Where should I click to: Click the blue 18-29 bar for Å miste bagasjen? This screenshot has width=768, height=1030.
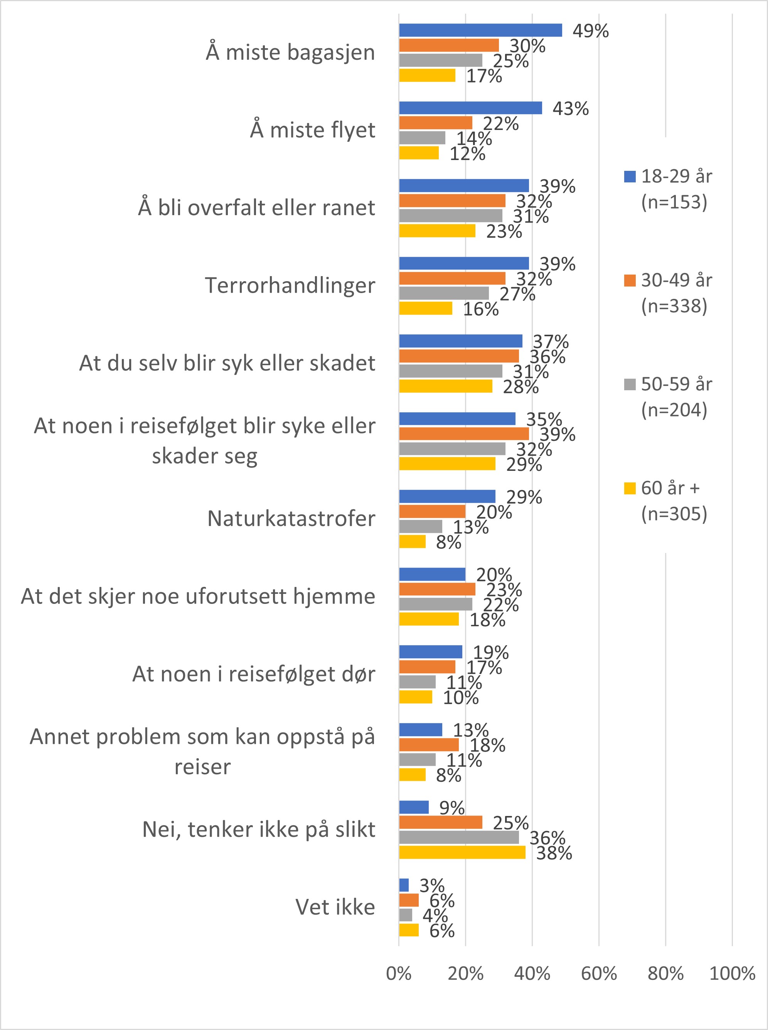[x=480, y=30]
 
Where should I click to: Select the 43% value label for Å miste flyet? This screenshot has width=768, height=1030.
[x=571, y=109]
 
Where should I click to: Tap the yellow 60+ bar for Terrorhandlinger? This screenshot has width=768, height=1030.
[x=425, y=308]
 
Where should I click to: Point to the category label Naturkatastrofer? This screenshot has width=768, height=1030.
[x=291, y=519]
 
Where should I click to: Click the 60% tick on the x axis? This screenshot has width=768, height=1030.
[x=599, y=974]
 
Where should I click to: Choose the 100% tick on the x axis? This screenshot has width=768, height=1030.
[x=732, y=974]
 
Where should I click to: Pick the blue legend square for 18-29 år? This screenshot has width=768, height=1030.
[x=630, y=177]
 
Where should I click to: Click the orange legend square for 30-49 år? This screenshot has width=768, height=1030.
[x=630, y=281]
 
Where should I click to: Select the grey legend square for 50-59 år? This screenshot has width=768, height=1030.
[x=630, y=384]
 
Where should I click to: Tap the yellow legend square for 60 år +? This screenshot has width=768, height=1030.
[x=630, y=489]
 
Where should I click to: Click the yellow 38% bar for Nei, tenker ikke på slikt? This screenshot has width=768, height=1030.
[x=462, y=852]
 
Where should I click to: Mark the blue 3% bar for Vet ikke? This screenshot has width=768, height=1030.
[x=404, y=885]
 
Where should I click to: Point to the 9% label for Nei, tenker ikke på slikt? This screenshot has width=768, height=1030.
[x=452, y=808]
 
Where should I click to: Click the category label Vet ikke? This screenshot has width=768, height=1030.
[x=335, y=907]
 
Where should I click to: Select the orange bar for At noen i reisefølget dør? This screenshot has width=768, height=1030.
[x=427, y=667]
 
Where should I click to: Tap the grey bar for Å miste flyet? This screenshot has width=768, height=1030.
[x=422, y=138]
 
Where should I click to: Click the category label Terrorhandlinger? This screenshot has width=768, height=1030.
[x=290, y=285]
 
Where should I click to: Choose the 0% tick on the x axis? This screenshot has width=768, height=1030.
[x=399, y=974]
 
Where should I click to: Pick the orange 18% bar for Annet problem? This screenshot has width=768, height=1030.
[x=429, y=745]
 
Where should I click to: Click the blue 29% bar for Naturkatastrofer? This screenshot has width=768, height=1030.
[x=447, y=496]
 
